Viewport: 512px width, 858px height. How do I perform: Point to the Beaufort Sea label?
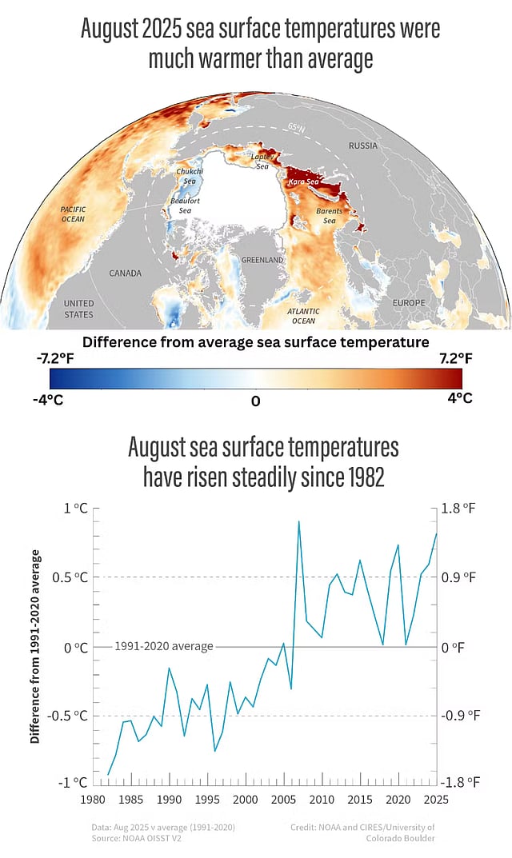(x=181, y=206)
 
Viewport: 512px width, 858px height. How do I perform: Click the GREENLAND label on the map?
(x=262, y=261)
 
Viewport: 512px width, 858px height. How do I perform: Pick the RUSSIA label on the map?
(x=362, y=146)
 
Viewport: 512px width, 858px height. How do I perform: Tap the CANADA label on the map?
(x=125, y=273)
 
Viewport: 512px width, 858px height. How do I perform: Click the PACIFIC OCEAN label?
(x=73, y=214)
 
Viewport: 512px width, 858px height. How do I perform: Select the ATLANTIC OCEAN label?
(x=303, y=316)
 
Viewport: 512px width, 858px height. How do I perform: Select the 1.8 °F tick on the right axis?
(x=459, y=509)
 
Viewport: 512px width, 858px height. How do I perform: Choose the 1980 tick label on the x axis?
(x=93, y=799)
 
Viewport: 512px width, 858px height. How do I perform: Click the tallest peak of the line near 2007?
(x=298, y=521)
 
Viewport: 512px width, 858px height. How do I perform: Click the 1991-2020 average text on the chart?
(x=164, y=646)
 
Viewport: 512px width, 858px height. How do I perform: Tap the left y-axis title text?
(x=36, y=646)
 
